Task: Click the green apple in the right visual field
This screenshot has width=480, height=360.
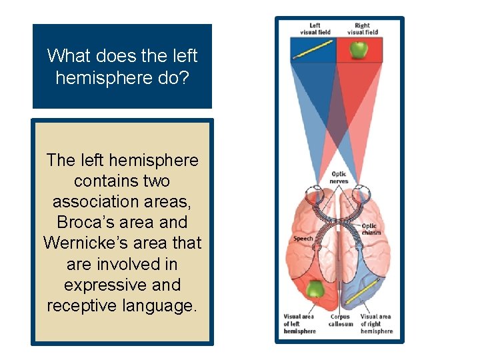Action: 359,49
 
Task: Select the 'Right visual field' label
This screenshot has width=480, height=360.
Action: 363,29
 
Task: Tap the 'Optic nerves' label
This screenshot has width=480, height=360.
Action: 339,178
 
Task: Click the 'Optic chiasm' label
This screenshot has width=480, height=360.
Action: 371,229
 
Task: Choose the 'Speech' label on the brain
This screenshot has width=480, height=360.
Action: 302,239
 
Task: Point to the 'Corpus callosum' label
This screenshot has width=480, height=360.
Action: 340,320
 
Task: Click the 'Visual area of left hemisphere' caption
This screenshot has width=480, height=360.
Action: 299,323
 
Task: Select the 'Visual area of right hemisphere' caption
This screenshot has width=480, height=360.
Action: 377,323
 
